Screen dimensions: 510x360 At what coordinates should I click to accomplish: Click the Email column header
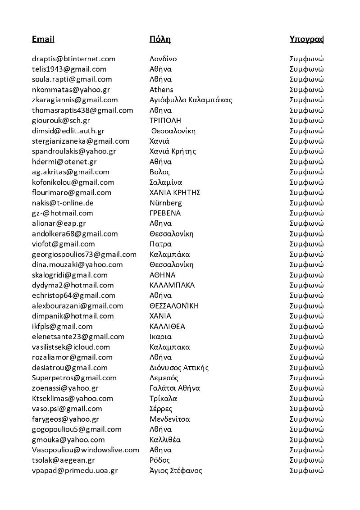point(43,39)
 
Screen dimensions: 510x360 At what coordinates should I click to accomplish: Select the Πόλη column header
point(159,39)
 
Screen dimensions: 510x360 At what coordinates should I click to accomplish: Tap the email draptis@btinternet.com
point(73,59)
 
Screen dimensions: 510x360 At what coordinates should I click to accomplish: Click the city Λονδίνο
point(163,59)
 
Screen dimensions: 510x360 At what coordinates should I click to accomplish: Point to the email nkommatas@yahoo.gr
point(71,90)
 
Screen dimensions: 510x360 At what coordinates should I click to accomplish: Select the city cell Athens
point(161,90)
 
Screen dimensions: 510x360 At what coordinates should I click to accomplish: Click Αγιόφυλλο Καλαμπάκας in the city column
point(191,100)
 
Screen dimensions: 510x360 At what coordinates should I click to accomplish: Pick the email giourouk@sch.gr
point(61,120)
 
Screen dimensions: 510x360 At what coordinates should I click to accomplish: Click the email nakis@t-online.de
point(63,203)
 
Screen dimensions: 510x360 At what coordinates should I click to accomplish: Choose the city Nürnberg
point(166,203)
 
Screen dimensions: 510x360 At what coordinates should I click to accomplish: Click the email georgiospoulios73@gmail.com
point(84,254)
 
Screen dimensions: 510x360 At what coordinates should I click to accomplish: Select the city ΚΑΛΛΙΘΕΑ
point(167,326)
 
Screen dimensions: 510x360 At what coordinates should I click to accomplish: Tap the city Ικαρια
point(160,337)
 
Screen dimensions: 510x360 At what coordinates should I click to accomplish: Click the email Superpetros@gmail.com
point(74,378)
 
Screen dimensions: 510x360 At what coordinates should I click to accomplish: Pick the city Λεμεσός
point(164,378)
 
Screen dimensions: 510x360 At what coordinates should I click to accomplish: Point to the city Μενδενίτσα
point(169,419)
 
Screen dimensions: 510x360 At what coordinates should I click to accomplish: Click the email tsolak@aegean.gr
point(63,460)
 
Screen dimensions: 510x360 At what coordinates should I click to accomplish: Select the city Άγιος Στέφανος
point(176,470)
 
